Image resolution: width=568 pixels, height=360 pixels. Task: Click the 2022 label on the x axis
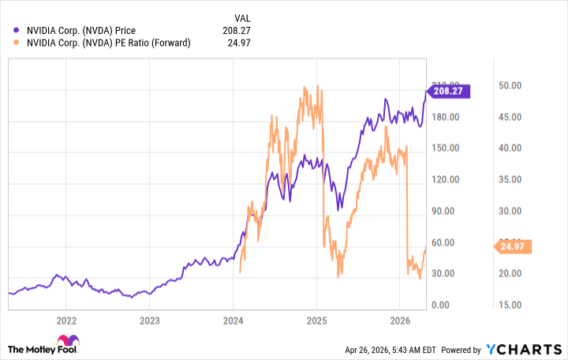[x=66, y=321]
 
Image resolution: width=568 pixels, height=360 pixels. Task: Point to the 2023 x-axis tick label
[x=149, y=321]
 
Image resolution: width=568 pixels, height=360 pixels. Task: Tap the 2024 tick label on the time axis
[x=233, y=321]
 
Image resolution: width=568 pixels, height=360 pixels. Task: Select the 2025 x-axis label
[x=316, y=321]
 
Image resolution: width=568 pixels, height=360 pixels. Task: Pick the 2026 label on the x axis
[x=399, y=321]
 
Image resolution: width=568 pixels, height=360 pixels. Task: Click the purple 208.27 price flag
[x=449, y=91]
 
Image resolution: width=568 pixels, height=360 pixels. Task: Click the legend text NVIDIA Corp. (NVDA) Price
[x=80, y=31]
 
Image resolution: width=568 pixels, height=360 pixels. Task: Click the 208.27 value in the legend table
[x=241, y=31]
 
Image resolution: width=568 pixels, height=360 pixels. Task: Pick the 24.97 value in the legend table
[x=244, y=43]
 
